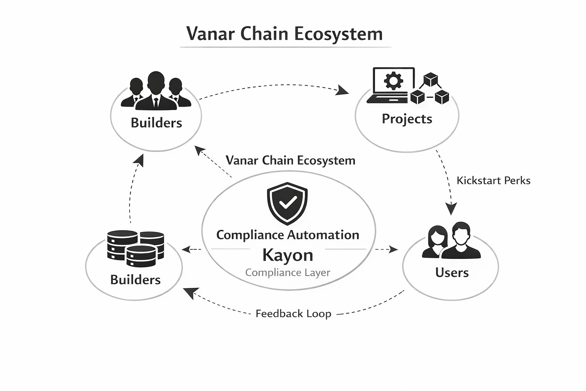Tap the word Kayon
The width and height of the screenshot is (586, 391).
tap(288, 255)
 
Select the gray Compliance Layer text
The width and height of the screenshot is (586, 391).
tap(288, 273)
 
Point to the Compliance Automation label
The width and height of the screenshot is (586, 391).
tap(288, 234)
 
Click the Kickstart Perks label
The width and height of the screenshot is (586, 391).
tap(493, 180)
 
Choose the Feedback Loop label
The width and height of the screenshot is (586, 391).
tap(293, 313)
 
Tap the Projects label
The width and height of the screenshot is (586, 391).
tap(407, 119)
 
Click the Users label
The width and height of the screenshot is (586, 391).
tap(452, 273)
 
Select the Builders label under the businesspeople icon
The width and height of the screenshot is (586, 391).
tap(156, 123)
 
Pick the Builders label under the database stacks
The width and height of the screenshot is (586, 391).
tap(135, 280)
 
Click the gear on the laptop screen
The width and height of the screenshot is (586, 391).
tap(393, 81)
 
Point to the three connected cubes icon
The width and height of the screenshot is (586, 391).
tap(430, 89)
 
